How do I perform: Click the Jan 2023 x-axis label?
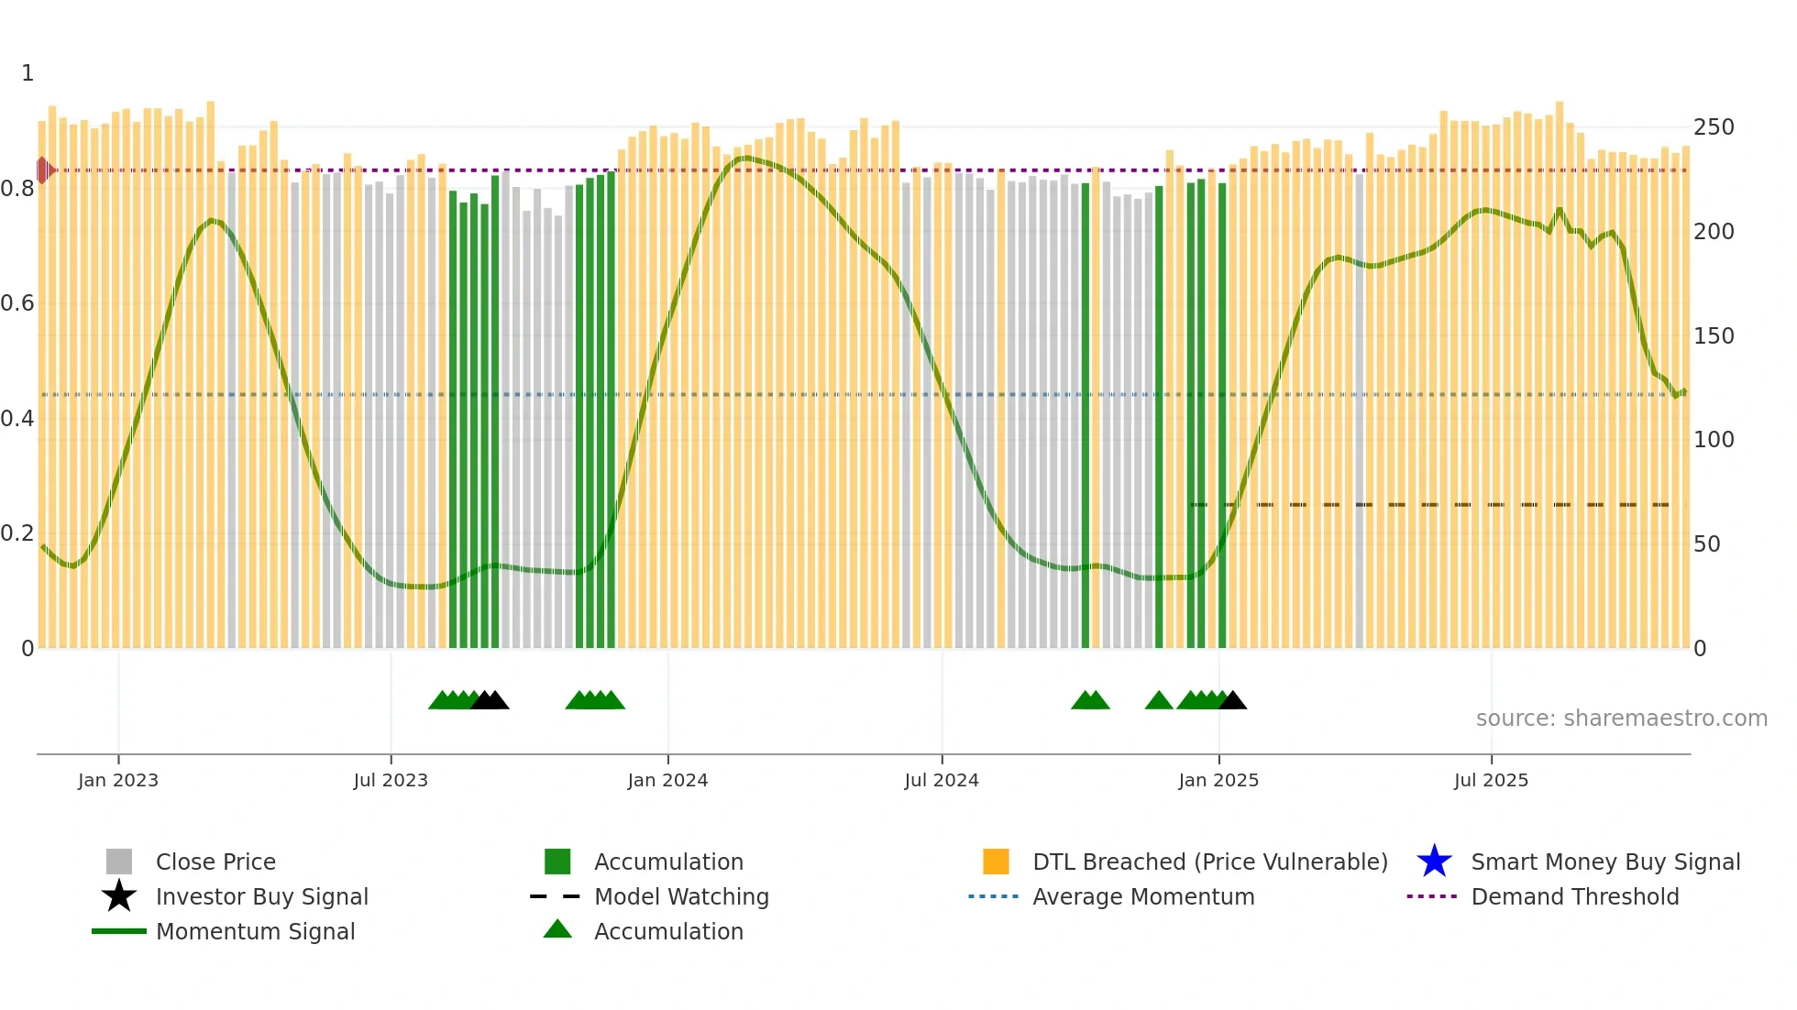coord(118,780)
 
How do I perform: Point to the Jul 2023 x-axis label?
coord(391,780)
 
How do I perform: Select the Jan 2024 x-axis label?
coord(667,780)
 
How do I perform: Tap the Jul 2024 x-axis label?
coord(942,780)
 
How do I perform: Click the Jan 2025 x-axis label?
coord(1218,780)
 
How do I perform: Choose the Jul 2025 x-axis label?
coord(1491,780)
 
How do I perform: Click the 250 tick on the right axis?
coord(1714,127)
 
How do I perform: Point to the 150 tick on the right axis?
coord(1714,336)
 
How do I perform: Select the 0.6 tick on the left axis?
coord(17,303)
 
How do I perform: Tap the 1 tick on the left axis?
coord(28,73)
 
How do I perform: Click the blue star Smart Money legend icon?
coord(1434,862)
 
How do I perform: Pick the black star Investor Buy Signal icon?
coord(119,896)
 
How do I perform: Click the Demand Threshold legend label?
coord(1574,896)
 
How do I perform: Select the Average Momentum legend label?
coord(1143,896)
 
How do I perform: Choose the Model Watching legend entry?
coord(681,896)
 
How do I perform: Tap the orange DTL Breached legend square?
coord(996,862)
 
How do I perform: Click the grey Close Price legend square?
coord(119,862)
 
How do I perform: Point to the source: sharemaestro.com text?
coord(1621,719)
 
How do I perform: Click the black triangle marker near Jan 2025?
coord(1233,701)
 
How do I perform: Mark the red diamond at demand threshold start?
coord(43,170)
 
